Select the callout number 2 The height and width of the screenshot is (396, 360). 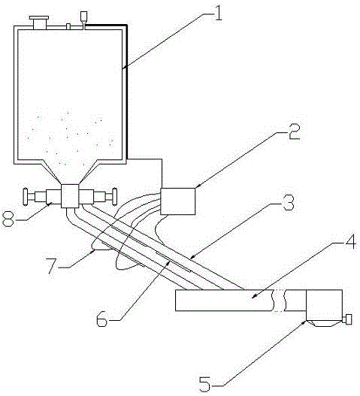294,132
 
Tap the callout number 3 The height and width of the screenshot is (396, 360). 289,202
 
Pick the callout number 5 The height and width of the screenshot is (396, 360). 205,384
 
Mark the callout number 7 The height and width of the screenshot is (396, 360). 53,266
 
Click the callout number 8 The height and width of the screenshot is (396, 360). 8,219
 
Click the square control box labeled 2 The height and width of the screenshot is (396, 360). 178,201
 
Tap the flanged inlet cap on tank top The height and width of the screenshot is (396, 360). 39,23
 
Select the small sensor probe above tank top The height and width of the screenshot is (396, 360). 84,18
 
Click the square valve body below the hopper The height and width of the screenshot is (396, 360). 70,196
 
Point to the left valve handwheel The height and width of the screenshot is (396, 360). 26,196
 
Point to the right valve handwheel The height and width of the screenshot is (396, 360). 114,196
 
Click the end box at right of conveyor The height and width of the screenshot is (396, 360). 324,305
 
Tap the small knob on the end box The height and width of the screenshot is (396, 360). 349,319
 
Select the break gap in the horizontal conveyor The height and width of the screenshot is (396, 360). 279,301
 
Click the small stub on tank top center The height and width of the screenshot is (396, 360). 68,26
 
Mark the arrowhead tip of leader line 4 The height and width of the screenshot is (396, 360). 252,298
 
